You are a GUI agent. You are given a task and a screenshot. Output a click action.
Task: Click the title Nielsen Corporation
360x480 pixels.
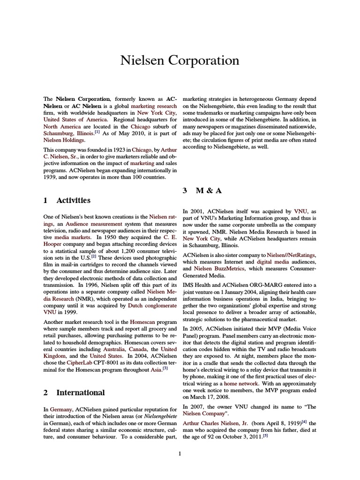(180, 60)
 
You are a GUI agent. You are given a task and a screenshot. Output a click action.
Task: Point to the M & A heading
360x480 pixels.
(202, 191)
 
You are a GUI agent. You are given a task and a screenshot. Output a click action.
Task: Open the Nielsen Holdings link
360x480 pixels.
(64, 140)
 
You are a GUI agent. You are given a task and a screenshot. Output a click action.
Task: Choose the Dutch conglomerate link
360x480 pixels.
(150, 305)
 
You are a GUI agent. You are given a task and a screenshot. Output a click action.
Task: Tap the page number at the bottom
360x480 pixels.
(180, 453)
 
